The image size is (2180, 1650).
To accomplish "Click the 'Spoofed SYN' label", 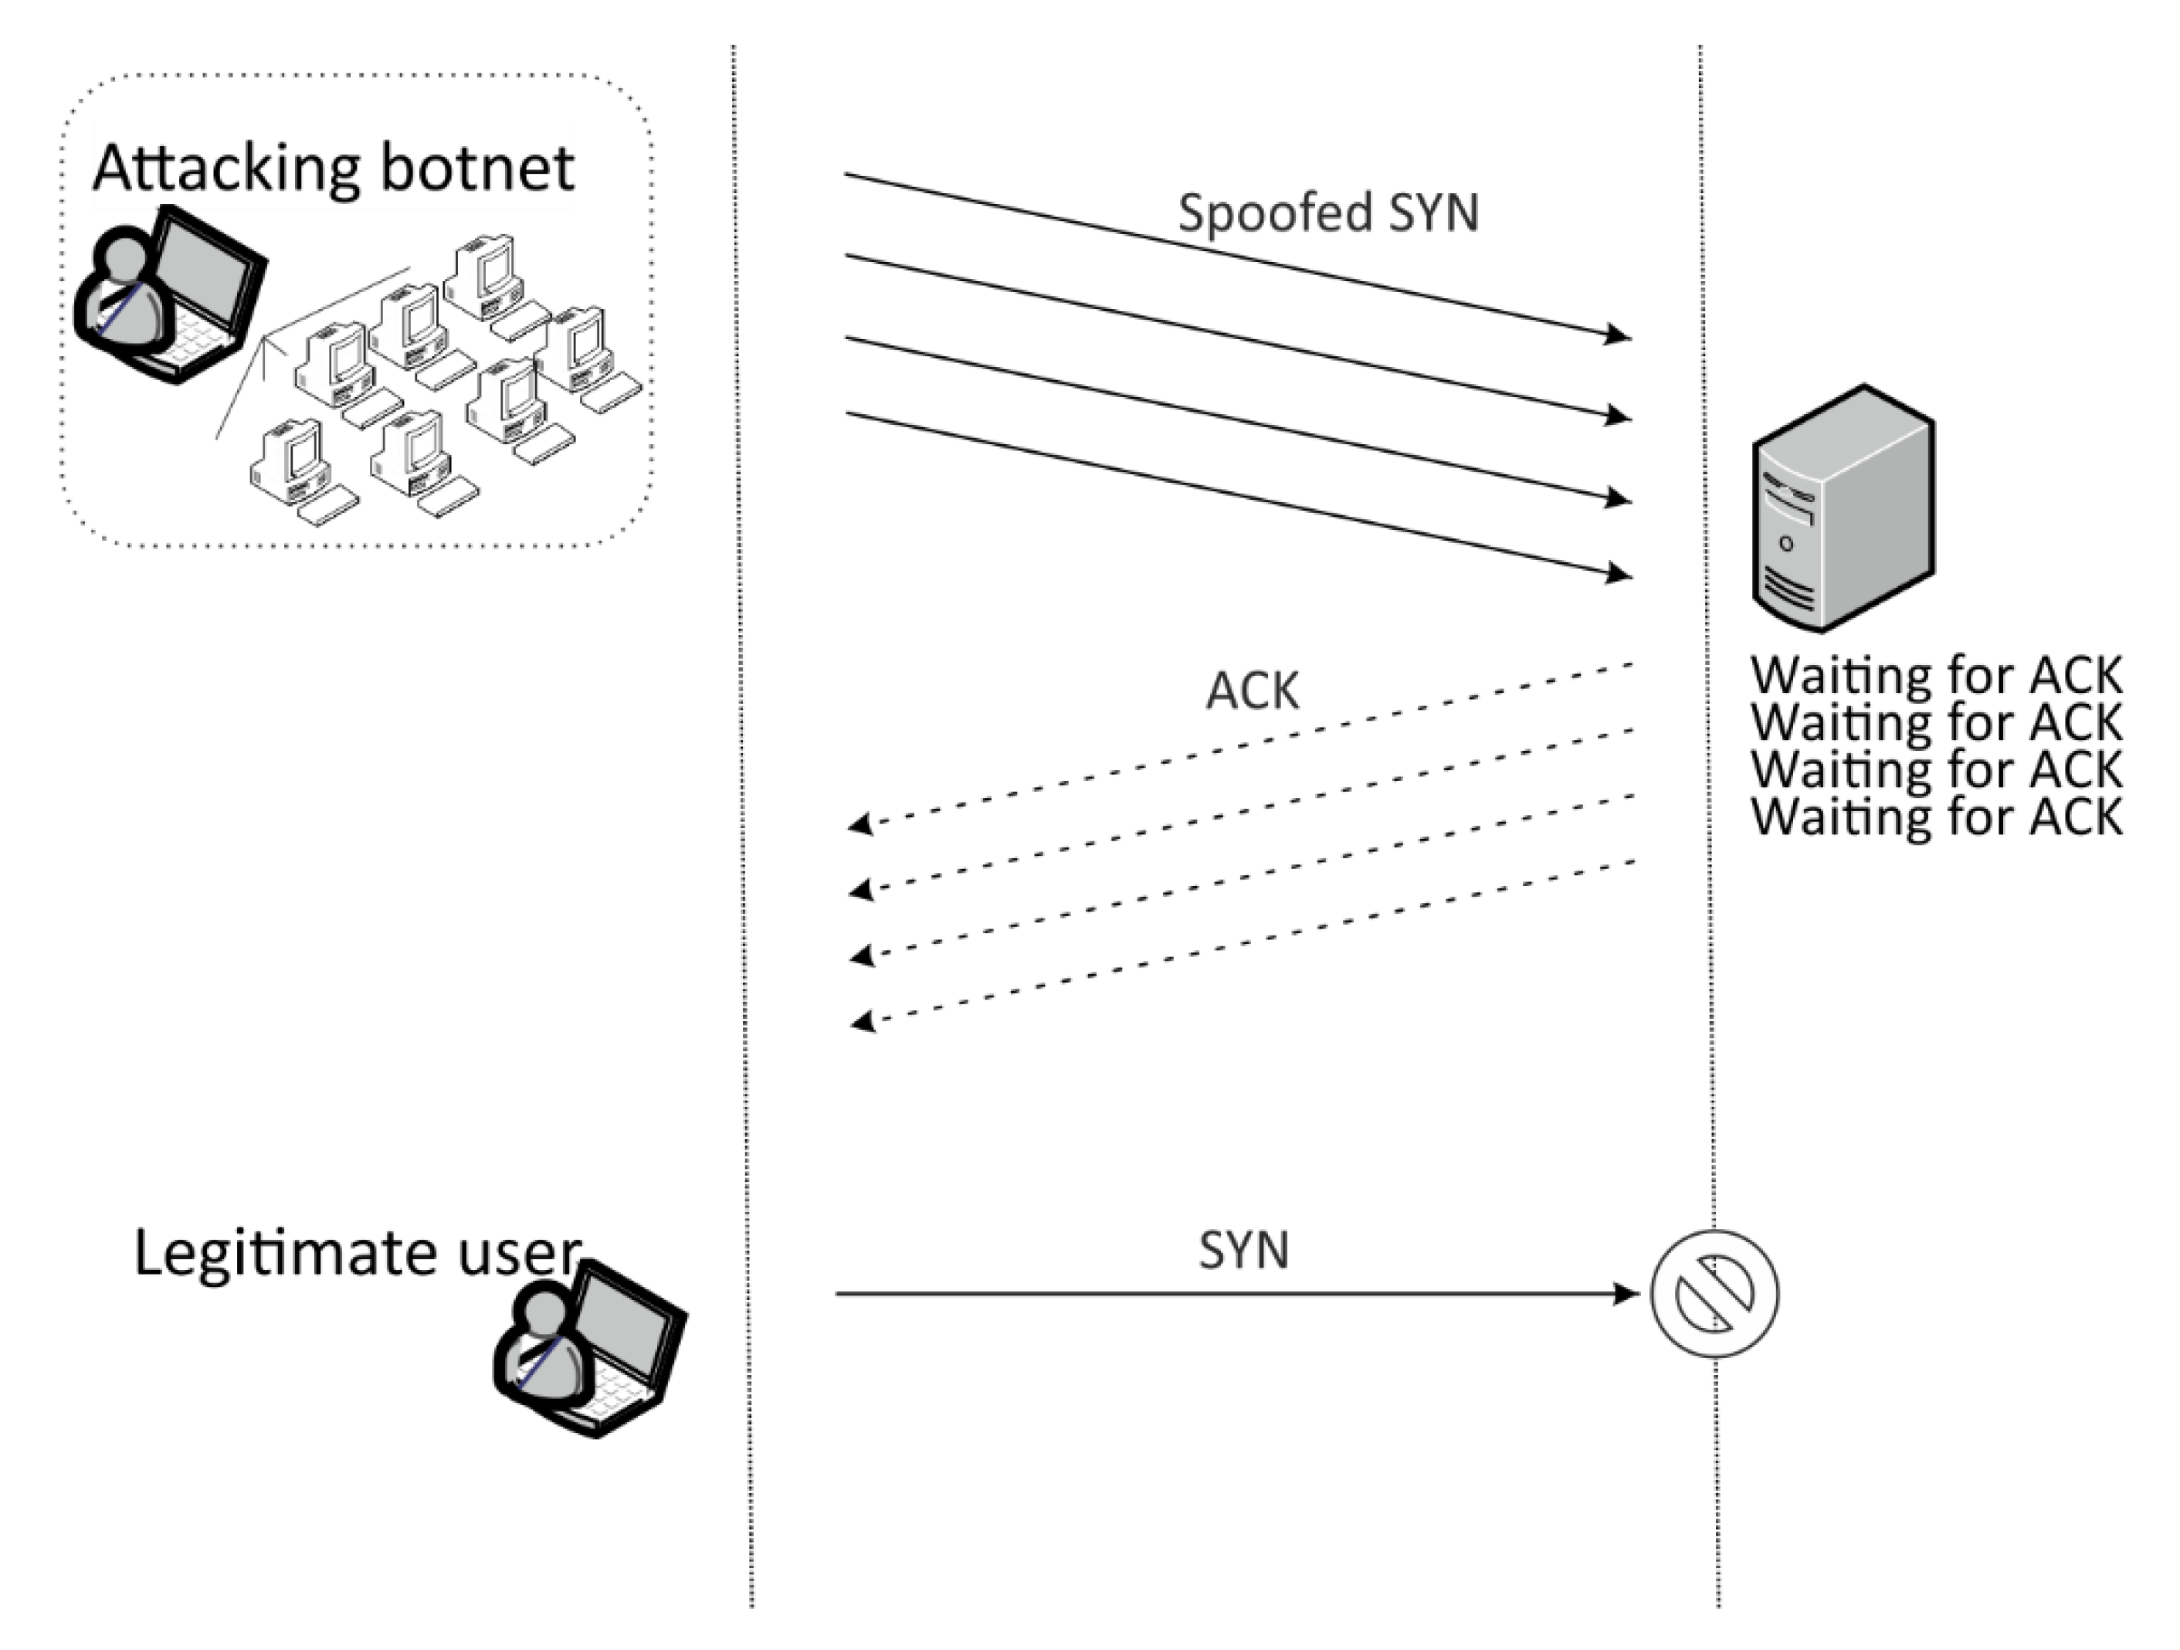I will (x=1327, y=213).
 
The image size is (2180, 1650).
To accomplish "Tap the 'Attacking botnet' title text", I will (x=333, y=168).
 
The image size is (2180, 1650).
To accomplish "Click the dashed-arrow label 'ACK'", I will (x=1252, y=691).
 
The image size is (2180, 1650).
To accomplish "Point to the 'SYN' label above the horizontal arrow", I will (x=1244, y=1250).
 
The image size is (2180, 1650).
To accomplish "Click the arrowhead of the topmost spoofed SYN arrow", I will (x=1617, y=335).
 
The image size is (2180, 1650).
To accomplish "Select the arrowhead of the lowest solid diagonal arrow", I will (x=1617, y=572).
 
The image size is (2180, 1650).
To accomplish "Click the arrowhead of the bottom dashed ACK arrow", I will (x=863, y=1021).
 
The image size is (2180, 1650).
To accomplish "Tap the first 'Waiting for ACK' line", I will (x=1935, y=676).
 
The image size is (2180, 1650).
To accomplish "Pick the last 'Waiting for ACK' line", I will (x=1935, y=817).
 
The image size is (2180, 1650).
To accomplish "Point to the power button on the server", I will (x=1786, y=543).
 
